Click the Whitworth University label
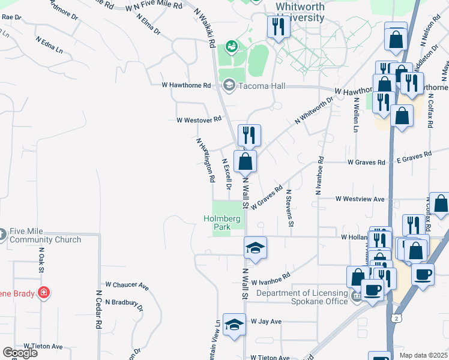coord(300,12)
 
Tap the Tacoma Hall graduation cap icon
coord(229,86)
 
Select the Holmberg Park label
coord(226,223)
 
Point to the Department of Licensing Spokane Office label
coord(302,297)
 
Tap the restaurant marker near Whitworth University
coord(277,27)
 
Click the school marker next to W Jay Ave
coord(234,325)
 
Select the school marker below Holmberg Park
coord(255,248)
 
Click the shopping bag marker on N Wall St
coord(245,161)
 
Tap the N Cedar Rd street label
coord(98,310)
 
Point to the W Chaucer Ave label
coord(127,284)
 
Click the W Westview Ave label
coord(360,199)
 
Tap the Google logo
coord(19,353)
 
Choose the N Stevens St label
coord(289,208)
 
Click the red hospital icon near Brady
coord(43,293)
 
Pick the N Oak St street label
coord(42,261)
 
